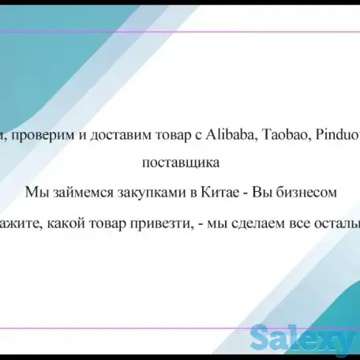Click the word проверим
pyautogui.click(x=38, y=136)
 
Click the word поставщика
pyautogui.click(x=180, y=164)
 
